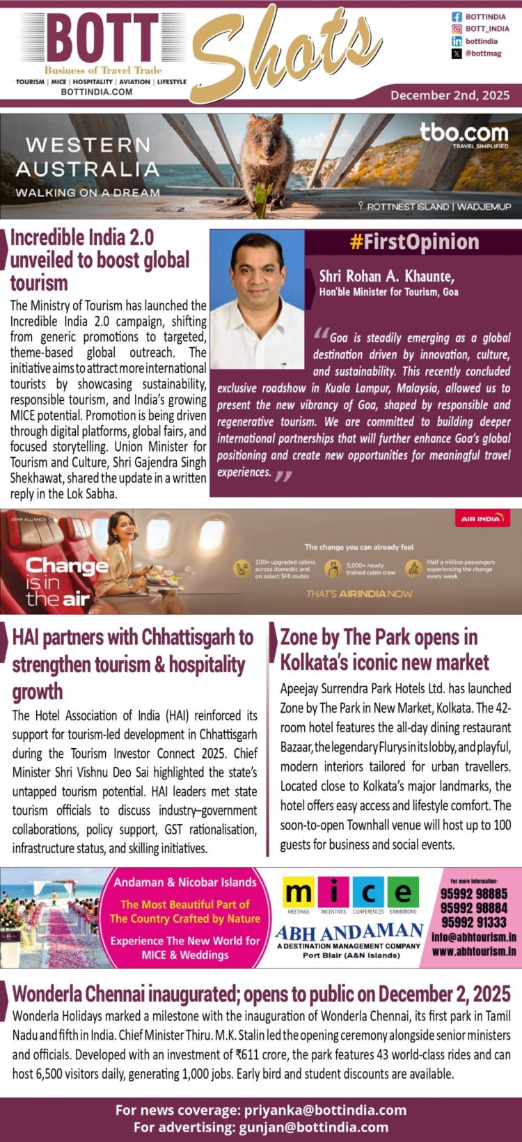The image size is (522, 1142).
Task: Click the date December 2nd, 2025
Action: (x=450, y=95)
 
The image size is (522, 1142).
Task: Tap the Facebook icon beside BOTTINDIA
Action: (x=457, y=17)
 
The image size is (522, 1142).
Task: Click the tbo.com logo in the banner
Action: (x=464, y=132)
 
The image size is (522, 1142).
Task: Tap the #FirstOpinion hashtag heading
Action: (x=414, y=242)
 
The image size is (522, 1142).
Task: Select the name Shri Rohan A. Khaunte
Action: (x=386, y=276)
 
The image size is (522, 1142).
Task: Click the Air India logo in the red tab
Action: (x=482, y=519)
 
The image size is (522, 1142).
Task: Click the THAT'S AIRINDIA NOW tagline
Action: (x=359, y=594)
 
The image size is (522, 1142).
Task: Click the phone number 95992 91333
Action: (x=473, y=923)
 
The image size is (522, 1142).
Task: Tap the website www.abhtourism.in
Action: (x=473, y=951)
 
